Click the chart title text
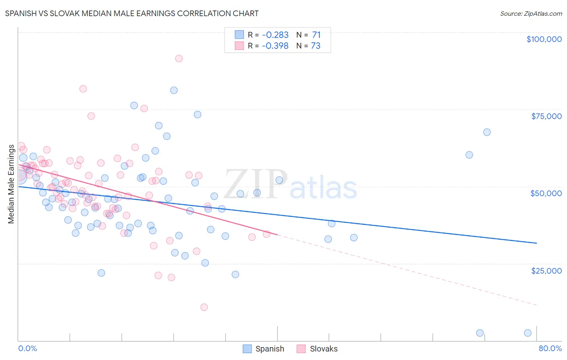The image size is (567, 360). point(132,13)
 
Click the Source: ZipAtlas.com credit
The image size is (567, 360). point(531,13)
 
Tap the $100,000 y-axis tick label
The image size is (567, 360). point(544,39)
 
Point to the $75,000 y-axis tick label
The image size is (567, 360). point(546,116)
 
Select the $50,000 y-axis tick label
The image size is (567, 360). point(546,193)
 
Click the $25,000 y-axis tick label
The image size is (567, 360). point(546,270)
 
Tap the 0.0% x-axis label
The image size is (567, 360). point(27,348)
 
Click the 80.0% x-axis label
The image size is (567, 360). point(550,348)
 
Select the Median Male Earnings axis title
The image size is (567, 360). point(11,184)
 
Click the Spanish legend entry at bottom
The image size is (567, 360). point(264,349)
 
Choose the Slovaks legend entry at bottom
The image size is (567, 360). point(317,349)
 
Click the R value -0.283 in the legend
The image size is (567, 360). point(275,35)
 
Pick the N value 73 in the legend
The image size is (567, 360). point(315,46)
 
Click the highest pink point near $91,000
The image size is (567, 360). point(179,59)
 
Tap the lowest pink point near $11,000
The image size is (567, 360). point(204,307)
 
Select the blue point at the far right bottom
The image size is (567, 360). point(527,333)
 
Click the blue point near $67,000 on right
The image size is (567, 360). point(487,132)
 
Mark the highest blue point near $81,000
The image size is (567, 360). point(174,90)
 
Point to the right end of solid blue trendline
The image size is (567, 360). point(536,243)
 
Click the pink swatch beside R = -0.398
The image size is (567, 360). point(239,46)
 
